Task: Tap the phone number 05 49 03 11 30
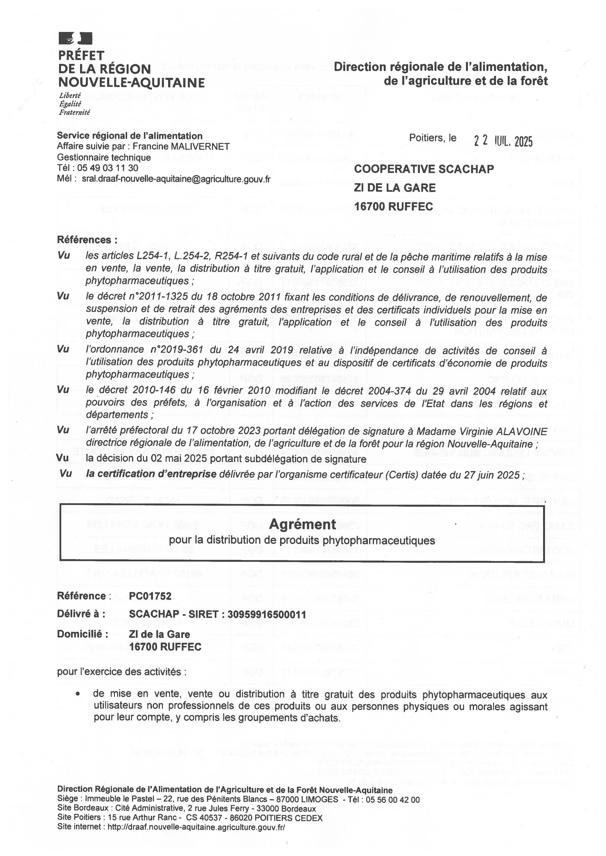108,168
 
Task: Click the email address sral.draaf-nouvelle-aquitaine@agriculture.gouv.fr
176,179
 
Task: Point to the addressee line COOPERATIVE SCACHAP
424,169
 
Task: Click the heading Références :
87,240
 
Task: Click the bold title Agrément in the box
302,524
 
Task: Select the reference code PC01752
150,596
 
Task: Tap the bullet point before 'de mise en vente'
78,694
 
